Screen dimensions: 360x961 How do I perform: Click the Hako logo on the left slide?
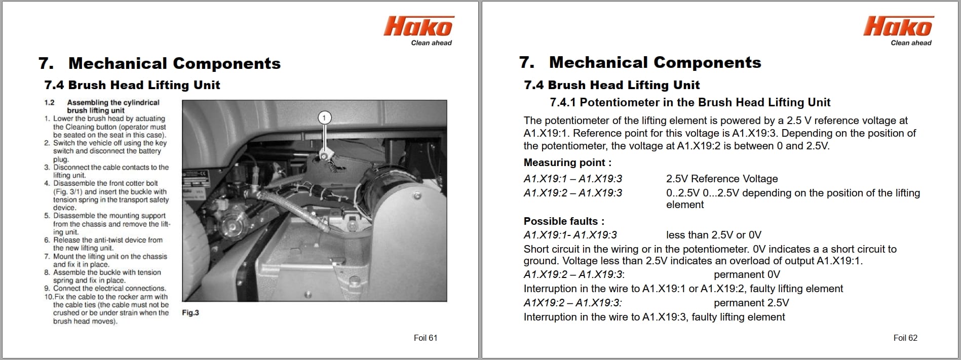[x=418, y=26]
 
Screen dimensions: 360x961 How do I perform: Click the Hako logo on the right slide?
[x=898, y=26]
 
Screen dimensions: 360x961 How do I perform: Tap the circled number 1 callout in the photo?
[x=324, y=117]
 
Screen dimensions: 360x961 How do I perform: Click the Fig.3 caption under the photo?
[x=190, y=313]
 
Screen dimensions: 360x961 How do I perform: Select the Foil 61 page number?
[x=425, y=338]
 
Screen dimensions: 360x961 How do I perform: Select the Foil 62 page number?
[x=905, y=338]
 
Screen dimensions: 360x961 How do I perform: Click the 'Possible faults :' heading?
[x=564, y=221]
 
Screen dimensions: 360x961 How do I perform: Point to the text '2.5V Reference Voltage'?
[x=721, y=179]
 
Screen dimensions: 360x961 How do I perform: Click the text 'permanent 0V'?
[x=747, y=274]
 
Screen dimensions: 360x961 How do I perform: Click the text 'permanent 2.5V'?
[x=751, y=303]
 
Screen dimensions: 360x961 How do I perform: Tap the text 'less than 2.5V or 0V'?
[x=713, y=235]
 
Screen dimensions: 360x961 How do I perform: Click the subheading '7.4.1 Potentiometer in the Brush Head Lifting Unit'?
[x=690, y=102]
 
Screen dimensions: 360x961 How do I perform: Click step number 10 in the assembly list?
[x=49, y=297]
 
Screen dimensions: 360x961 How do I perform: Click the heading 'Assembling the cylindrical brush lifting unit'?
[x=113, y=106]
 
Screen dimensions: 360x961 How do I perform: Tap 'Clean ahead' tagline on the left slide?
[x=431, y=43]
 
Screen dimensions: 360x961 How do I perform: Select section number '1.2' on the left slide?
[x=49, y=102]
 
